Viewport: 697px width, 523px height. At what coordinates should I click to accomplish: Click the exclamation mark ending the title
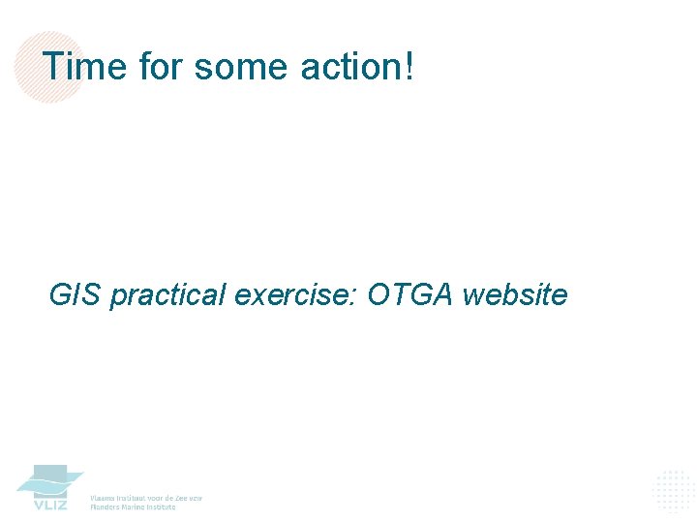409,67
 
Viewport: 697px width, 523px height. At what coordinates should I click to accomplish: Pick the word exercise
293,293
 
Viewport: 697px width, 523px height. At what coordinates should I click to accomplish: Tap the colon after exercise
356,295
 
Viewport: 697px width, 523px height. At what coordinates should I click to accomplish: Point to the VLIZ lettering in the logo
50,505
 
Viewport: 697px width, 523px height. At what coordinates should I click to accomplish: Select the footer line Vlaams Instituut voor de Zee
146,497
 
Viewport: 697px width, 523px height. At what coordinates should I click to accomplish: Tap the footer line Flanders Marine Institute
134,507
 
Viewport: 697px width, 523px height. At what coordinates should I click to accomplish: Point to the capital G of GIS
60,293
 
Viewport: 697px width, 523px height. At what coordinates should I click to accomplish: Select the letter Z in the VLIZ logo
62,505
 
